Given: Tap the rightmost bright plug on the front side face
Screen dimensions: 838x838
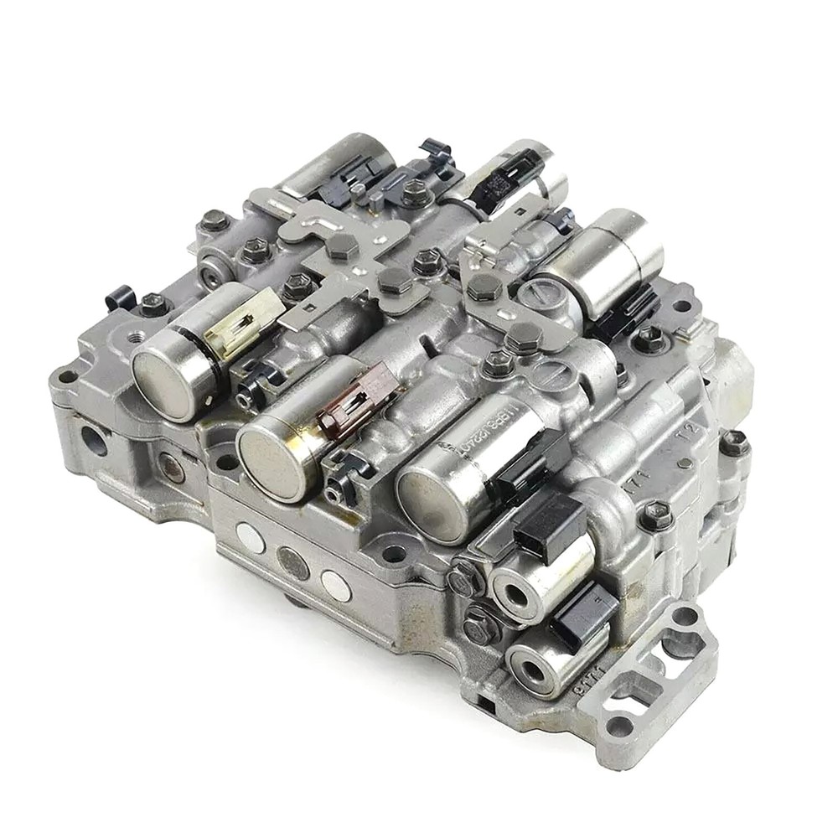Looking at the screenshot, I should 336,584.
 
